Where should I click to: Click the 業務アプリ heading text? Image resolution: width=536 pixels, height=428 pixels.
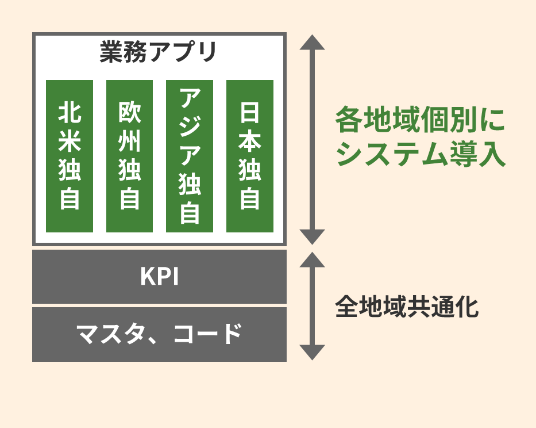(159, 53)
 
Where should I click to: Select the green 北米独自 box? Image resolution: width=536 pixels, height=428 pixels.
(70, 156)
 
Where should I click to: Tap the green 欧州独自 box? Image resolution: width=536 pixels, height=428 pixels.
(129, 156)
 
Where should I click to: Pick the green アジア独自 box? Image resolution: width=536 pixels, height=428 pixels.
(190, 156)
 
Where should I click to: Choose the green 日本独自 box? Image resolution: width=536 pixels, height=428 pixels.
(249, 156)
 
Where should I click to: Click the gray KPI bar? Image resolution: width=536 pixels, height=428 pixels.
(159, 277)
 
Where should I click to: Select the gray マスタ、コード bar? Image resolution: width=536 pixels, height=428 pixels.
(159, 334)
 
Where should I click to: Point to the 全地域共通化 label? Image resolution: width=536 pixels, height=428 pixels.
(407, 307)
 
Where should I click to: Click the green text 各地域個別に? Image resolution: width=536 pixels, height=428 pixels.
(420, 121)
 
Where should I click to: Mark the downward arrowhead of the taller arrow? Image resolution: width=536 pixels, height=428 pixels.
(312, 236)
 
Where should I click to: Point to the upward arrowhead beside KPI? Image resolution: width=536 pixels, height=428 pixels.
(312, 259)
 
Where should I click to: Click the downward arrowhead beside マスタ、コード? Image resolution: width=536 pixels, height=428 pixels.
(312, 351)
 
